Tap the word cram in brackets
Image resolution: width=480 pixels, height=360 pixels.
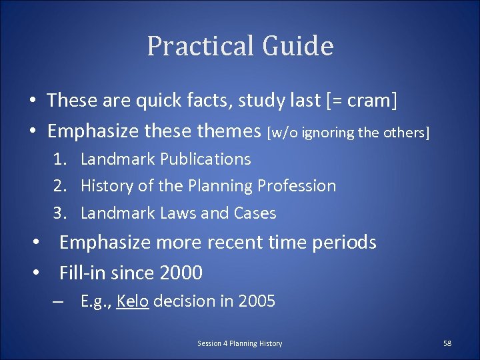[x=371, y=101]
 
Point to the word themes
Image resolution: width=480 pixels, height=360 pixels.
[x=229, y=132]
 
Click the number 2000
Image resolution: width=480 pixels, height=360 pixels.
[x=179, y=273]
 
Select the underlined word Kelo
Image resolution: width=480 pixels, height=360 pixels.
[x=132, y=301]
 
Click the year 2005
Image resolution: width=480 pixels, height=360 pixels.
[x=257, y=301]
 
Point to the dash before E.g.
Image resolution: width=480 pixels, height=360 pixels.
[x=59, y=301]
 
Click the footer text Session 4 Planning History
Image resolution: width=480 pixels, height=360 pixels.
[x=239, y=343]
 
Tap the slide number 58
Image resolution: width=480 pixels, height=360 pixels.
[x=447, y=343]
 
